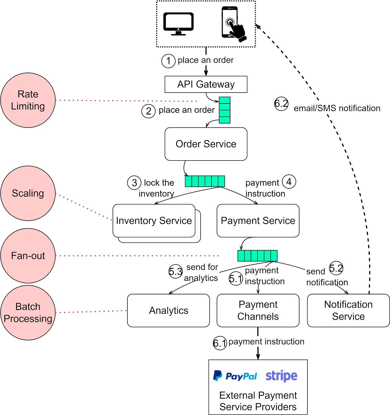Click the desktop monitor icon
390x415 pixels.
click(x=178, y=24)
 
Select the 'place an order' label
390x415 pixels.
click(x=206, y=60)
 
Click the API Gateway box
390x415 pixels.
click(x=206, y=84)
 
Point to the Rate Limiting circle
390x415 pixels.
click(x=28, y=100)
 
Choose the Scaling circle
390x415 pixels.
click(x=28, y=193)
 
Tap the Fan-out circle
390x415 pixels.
click(x=28, y=256)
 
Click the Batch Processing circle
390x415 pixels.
click(x=28, y=313)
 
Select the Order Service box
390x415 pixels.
click(x=206, y=144)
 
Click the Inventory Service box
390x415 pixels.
click(x=154, y=221)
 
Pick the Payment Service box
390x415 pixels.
click(x=258, y=221)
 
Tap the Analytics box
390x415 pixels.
click(x=168, y=310)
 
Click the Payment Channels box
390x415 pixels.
click(x=258, y=310)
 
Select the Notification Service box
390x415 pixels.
click(x=348, y=310)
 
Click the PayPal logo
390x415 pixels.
click(x=235, y=376)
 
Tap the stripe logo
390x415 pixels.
click(x=282, y=376)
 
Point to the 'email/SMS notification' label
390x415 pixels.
click(x=337, y=108)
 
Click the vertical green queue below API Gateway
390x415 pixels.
click(x=224, y=110)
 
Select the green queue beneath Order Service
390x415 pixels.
click(x=205, y=181)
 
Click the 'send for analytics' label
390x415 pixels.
click(x=203, y=272)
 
